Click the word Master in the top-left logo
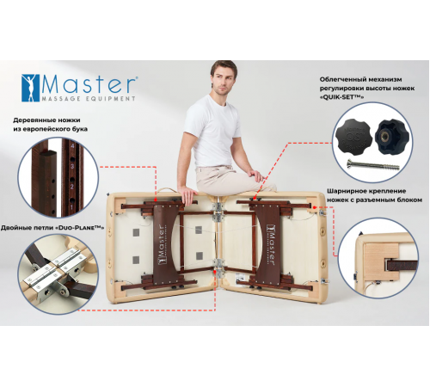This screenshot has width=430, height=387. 91,85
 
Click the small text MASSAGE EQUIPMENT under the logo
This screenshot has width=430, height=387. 90,100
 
